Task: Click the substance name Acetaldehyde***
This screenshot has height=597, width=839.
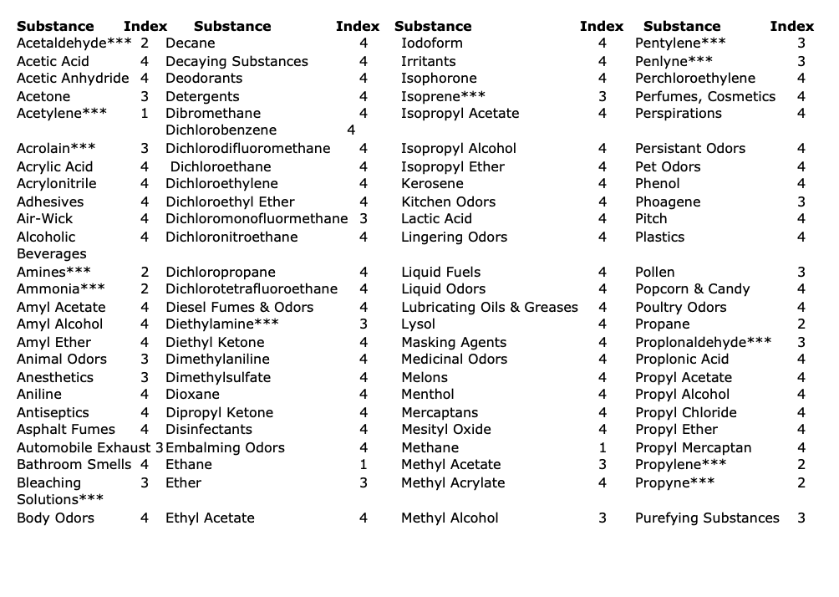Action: point(74,43)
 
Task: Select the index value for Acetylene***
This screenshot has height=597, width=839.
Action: point(145,113)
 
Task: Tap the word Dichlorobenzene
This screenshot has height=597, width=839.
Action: point(221,130)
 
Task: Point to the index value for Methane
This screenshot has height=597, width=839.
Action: point(603,447)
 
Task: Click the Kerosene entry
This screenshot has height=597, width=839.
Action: point(432,183)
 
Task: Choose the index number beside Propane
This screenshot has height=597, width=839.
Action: point(801,324)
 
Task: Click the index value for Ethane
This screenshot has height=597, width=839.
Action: point(364,464)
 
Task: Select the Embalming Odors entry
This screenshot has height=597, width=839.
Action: point(225,447)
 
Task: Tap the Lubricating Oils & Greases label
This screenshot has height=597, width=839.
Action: point(489,307)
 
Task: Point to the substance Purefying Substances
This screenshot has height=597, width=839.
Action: point(707,518)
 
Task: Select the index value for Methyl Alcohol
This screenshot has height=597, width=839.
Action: point(603,518)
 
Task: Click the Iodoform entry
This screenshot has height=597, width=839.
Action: point(431,43)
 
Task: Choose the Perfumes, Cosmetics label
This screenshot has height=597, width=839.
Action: point(705,96)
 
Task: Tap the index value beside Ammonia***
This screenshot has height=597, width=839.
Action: point(145,288)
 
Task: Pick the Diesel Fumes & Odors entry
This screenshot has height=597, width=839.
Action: point(239,307)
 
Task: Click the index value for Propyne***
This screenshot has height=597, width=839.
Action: point(801,482)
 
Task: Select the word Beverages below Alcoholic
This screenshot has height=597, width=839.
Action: point(51,253)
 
